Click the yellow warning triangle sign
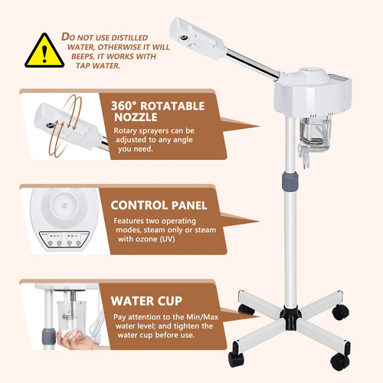pos(44,51)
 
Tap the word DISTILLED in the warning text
pos(130,38)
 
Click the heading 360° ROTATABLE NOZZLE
pos(158,111)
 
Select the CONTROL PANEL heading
pos(159,205)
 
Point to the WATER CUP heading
pos(146,301)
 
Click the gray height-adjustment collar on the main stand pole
pos(290,181)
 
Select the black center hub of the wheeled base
pos(291,317)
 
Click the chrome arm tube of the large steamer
pos(253,64)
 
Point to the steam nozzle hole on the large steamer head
pos(184,38)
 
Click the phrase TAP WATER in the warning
pos(98,66)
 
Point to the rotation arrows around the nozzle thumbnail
pos(65,125)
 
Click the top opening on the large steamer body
pos(311,70)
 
